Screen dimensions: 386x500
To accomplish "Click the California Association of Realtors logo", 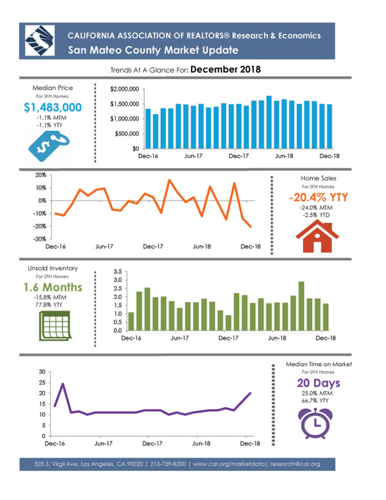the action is [40, 41].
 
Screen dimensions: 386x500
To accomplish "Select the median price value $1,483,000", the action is [53, 108].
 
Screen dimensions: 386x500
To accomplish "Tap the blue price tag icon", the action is [49, 146].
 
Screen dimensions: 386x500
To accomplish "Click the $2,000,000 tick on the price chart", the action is [125, 89].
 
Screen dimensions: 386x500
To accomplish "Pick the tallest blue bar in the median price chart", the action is [269, 122].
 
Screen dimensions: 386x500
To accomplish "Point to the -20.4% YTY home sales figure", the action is [318, 197].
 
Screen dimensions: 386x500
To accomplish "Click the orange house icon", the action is [317, 236].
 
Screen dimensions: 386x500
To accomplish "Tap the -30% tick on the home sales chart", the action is [41, 239].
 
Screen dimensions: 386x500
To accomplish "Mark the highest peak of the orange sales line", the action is [169, 180].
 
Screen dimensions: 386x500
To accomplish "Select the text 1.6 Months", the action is [53, 287].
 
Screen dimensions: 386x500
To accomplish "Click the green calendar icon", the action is [55, 326].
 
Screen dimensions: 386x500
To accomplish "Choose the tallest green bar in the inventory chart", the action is [301, 306].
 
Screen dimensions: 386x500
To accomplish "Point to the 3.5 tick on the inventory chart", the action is [118, 272].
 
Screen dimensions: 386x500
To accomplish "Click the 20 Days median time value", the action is [318, 383].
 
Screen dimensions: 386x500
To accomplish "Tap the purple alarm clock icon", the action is [315, 423].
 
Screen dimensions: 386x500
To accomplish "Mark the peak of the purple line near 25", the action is [63, 383].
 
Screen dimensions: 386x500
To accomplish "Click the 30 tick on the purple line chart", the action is [42, 372].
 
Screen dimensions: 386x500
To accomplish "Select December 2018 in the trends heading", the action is [225, 70].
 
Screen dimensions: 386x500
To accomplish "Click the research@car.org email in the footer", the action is [295, 464].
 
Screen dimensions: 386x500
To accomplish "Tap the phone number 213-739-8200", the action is [168, 464].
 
